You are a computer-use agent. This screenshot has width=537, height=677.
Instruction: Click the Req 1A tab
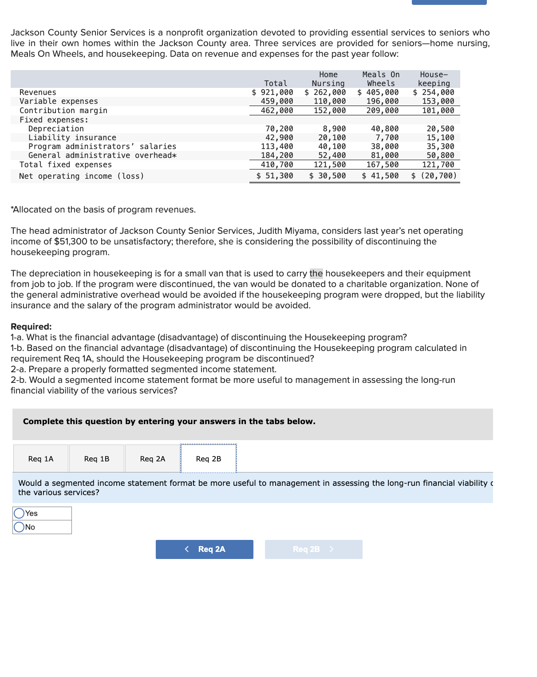(41, 459)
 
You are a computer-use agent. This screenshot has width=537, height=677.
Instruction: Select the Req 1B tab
(97, 459)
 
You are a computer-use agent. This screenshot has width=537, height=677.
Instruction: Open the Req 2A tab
(153, 459)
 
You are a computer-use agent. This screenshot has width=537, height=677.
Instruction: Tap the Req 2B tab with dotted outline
(209, 459)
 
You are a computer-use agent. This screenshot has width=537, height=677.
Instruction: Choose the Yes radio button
(19, 513)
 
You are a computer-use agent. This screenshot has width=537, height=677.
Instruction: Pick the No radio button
(19, 527)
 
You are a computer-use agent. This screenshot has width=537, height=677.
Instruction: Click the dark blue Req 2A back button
(205, 549)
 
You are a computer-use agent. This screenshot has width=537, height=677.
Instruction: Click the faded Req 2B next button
(313, 549)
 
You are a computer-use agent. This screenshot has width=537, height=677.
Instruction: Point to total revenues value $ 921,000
(272, 92)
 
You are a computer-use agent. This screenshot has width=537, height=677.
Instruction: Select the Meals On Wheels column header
(381, 79)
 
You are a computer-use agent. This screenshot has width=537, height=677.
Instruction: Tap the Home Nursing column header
(328, 79)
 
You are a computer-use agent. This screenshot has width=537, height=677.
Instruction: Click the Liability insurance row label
(72, 138)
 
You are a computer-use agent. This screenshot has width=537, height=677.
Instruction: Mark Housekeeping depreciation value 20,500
(440, 129)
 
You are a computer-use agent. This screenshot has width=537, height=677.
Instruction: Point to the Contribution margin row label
(63, 110)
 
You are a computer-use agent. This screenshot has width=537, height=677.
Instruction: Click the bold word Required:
(31, 327)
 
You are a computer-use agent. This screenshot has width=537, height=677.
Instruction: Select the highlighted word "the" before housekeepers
(316, 273)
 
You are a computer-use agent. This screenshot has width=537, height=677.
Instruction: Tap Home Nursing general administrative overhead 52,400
(332, 155)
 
